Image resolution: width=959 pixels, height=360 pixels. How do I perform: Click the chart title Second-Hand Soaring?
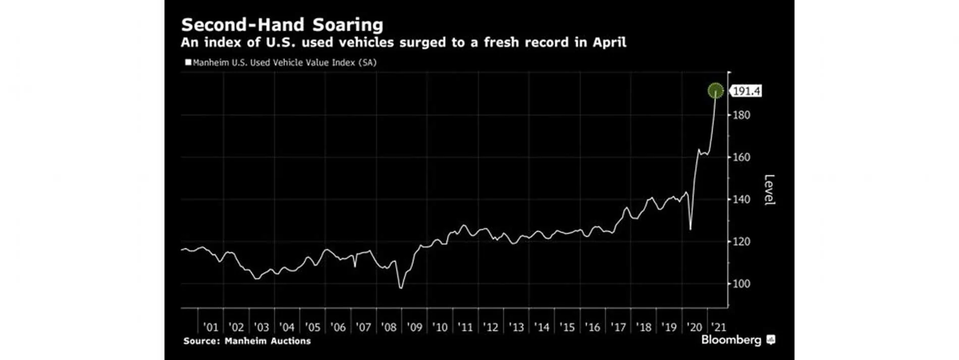click(282, 25)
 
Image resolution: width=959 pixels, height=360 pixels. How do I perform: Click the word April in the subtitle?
click(609, 42)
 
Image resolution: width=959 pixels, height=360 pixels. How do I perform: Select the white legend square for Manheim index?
click(188, 63)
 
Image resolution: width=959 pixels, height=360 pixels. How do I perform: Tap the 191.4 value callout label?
click(747, 91)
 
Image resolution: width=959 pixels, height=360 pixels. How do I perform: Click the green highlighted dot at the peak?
click(715, 91)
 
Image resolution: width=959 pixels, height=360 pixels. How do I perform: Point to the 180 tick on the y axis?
click(741, 115)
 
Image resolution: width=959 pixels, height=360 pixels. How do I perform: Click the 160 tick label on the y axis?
click(741, 158)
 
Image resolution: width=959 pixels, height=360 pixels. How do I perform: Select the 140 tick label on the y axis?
click(741, 199)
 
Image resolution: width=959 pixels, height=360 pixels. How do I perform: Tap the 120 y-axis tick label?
click(741, 242)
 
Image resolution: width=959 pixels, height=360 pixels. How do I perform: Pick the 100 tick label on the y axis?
click(741, 284)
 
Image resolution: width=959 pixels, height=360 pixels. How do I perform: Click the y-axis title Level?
click(769, 189)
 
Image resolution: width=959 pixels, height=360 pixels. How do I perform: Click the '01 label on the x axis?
click(210, 327)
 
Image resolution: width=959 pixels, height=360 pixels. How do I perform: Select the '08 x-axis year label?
click(389, 327)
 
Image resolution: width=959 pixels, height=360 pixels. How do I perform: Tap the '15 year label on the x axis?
click(567, 327)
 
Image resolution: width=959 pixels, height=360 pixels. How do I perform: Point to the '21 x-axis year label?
click(718, 327)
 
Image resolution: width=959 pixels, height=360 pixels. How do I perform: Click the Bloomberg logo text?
click(731, 340)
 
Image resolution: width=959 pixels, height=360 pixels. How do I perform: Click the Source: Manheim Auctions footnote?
click(247, 341)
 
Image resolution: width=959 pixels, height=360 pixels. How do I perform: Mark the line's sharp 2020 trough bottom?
click(690, 230)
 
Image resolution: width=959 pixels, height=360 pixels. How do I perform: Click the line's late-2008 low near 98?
click(401, 288)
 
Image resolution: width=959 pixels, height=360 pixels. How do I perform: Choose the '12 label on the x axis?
click(491, 327)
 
